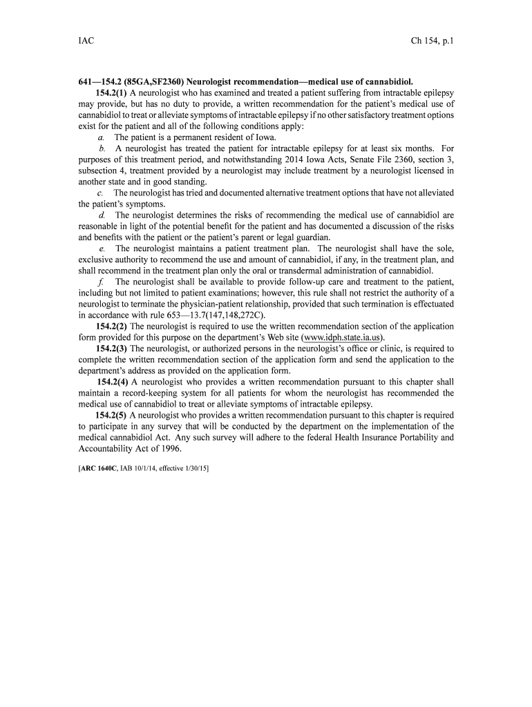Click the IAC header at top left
tap(86, 41)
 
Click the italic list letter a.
tap(101, 137)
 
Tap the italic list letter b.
tap(102, 148)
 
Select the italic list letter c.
tap(101, 193)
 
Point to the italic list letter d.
tap(102, 215)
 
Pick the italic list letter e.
tap(102, 248)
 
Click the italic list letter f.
tap(102, 282)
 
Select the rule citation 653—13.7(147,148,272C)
tap(216, 315)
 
